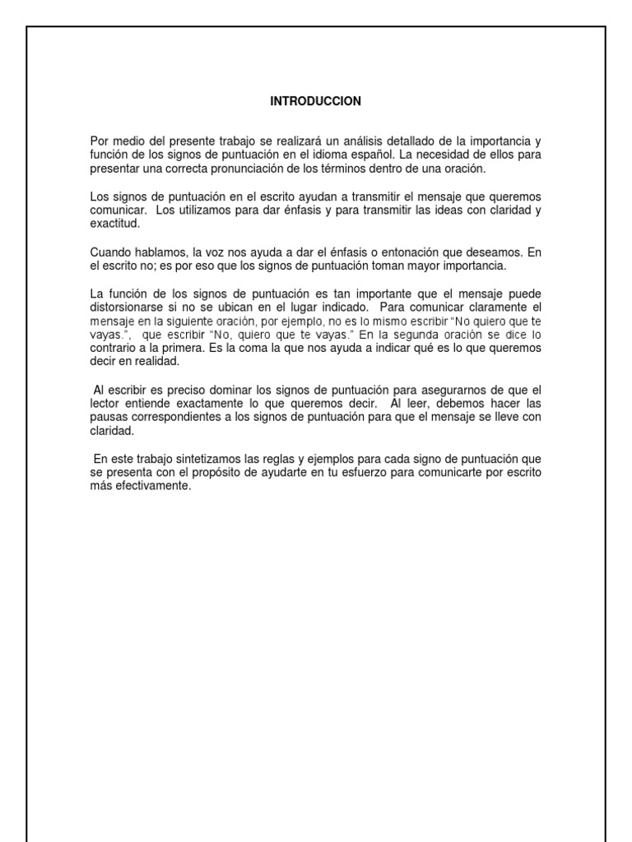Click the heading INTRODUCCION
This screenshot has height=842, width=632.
(316, 101)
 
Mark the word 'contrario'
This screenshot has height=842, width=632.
(113, 347)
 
